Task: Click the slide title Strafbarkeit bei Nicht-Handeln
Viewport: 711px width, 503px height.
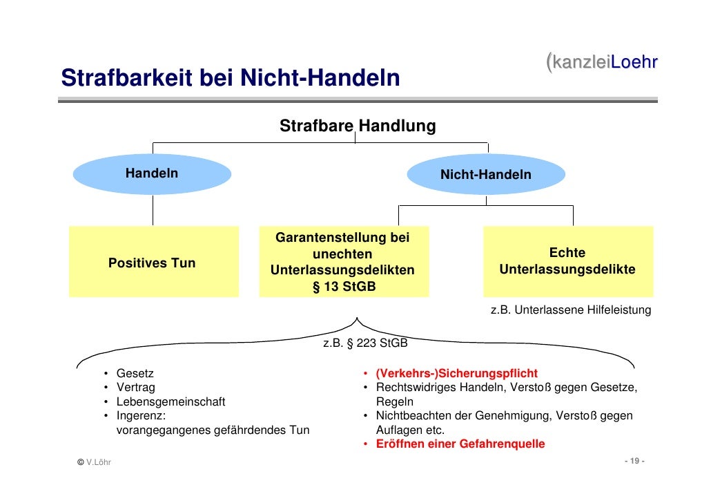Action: pyautogui.click(x=230, y=78)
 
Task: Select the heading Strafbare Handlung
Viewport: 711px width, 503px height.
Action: pyautogui.click(x=357, y=126)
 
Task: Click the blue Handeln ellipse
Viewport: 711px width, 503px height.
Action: pyautogui.click(x=152, y=173)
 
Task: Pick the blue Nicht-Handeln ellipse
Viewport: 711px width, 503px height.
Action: pyautogui.click(x=485, y=175)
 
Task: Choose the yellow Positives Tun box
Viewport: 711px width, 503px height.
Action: pyautogui.click(x=152, y=263)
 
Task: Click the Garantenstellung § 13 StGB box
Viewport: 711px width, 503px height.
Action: pyautogui.click(x=343, y=263)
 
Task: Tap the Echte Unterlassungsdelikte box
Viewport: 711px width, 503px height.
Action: pyautogui.click(x=567, y=262)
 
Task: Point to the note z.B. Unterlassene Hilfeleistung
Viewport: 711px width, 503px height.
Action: pyautogui.click(x=570, y=310)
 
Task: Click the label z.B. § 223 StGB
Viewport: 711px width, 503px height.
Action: pyautogui.click(x=365, y=343)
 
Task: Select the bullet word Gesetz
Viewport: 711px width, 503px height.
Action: pyautogui.click(x=135, y=373)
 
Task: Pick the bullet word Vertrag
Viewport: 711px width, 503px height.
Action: pyautogui.click(x=136, y=388)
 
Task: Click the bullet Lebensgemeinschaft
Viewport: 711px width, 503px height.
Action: pyautogui.click(x=171, y=401)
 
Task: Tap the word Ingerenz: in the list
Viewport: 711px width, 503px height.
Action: pyautogui.click(x=141, y=416)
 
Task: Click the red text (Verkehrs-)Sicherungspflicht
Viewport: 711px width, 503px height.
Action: pyautogui.click(x=456, y=373)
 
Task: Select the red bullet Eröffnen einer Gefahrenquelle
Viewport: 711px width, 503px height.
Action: pyautogui.click(x=460, y=444)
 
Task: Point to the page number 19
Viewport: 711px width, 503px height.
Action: pyautogui.click(x=634, y=462)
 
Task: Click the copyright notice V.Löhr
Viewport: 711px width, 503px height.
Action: pyautogui.click(x=94, y=462)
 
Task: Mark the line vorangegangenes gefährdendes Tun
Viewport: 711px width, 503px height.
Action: pyautogui.click(x=213, y=430)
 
